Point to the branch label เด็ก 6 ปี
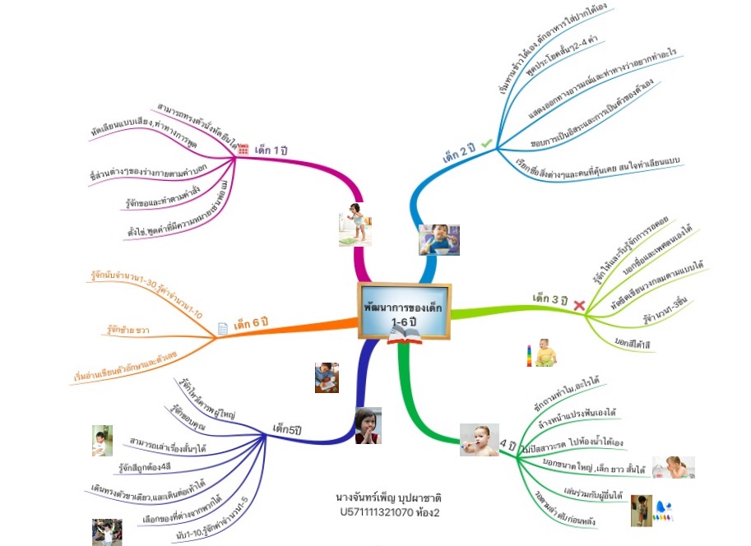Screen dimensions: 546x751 [x=252, y=323]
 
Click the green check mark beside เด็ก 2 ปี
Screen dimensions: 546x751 [x=487, y=144]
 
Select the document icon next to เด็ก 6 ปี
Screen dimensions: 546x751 [x=222, y=328]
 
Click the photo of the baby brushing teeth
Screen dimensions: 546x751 [x=480, y=439]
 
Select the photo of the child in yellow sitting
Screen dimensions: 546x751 [x=544, y=353]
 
